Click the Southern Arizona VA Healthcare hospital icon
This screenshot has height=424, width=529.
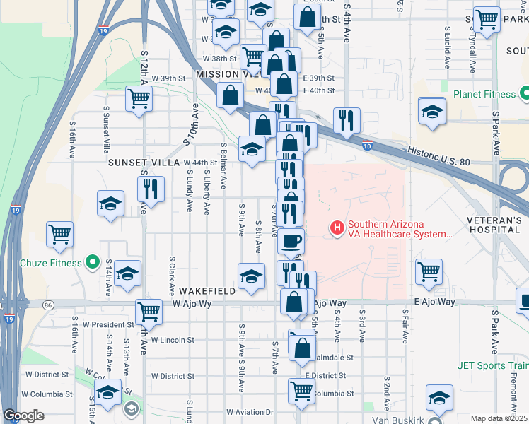(337, 228)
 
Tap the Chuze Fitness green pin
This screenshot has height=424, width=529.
(92, 263)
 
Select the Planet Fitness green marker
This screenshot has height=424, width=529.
(525, 93)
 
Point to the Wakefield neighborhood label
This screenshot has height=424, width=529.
(205, 291)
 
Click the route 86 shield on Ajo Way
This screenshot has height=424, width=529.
(47, 305)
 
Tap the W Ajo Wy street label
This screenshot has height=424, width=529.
(192, 303)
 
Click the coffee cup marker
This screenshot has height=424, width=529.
(290, 241)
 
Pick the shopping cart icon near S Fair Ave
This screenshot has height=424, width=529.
(429, 271)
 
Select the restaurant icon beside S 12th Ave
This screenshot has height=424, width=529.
(150, 188)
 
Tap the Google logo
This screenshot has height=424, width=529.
(23, 416)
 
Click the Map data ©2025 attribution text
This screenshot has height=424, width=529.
(499, 418)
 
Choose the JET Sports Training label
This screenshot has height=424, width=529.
(492, 365)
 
